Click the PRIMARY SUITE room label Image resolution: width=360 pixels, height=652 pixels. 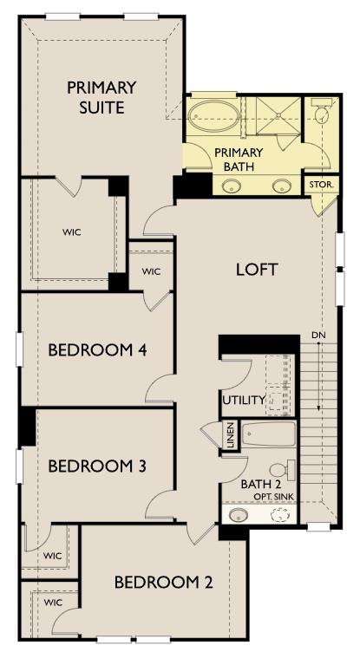pos(101,97)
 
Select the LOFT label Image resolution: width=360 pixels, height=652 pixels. pos(257,269)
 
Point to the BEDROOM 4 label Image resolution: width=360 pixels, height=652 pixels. pos(96,350)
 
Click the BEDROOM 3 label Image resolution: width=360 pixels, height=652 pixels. pos(96,466)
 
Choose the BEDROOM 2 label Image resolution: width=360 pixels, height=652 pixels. pos(163,582)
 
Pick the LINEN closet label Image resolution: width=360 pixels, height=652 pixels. pos(231,435)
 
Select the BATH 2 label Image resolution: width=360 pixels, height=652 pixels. pos(257,483)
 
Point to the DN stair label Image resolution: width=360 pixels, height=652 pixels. pos(318,336)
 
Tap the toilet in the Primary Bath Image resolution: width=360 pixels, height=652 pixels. pos(324,114)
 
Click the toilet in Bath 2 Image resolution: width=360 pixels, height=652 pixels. pos(289,471)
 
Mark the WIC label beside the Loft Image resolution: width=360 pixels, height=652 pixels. pos(151,271)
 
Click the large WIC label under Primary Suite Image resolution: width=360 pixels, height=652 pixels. pos(71,232)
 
